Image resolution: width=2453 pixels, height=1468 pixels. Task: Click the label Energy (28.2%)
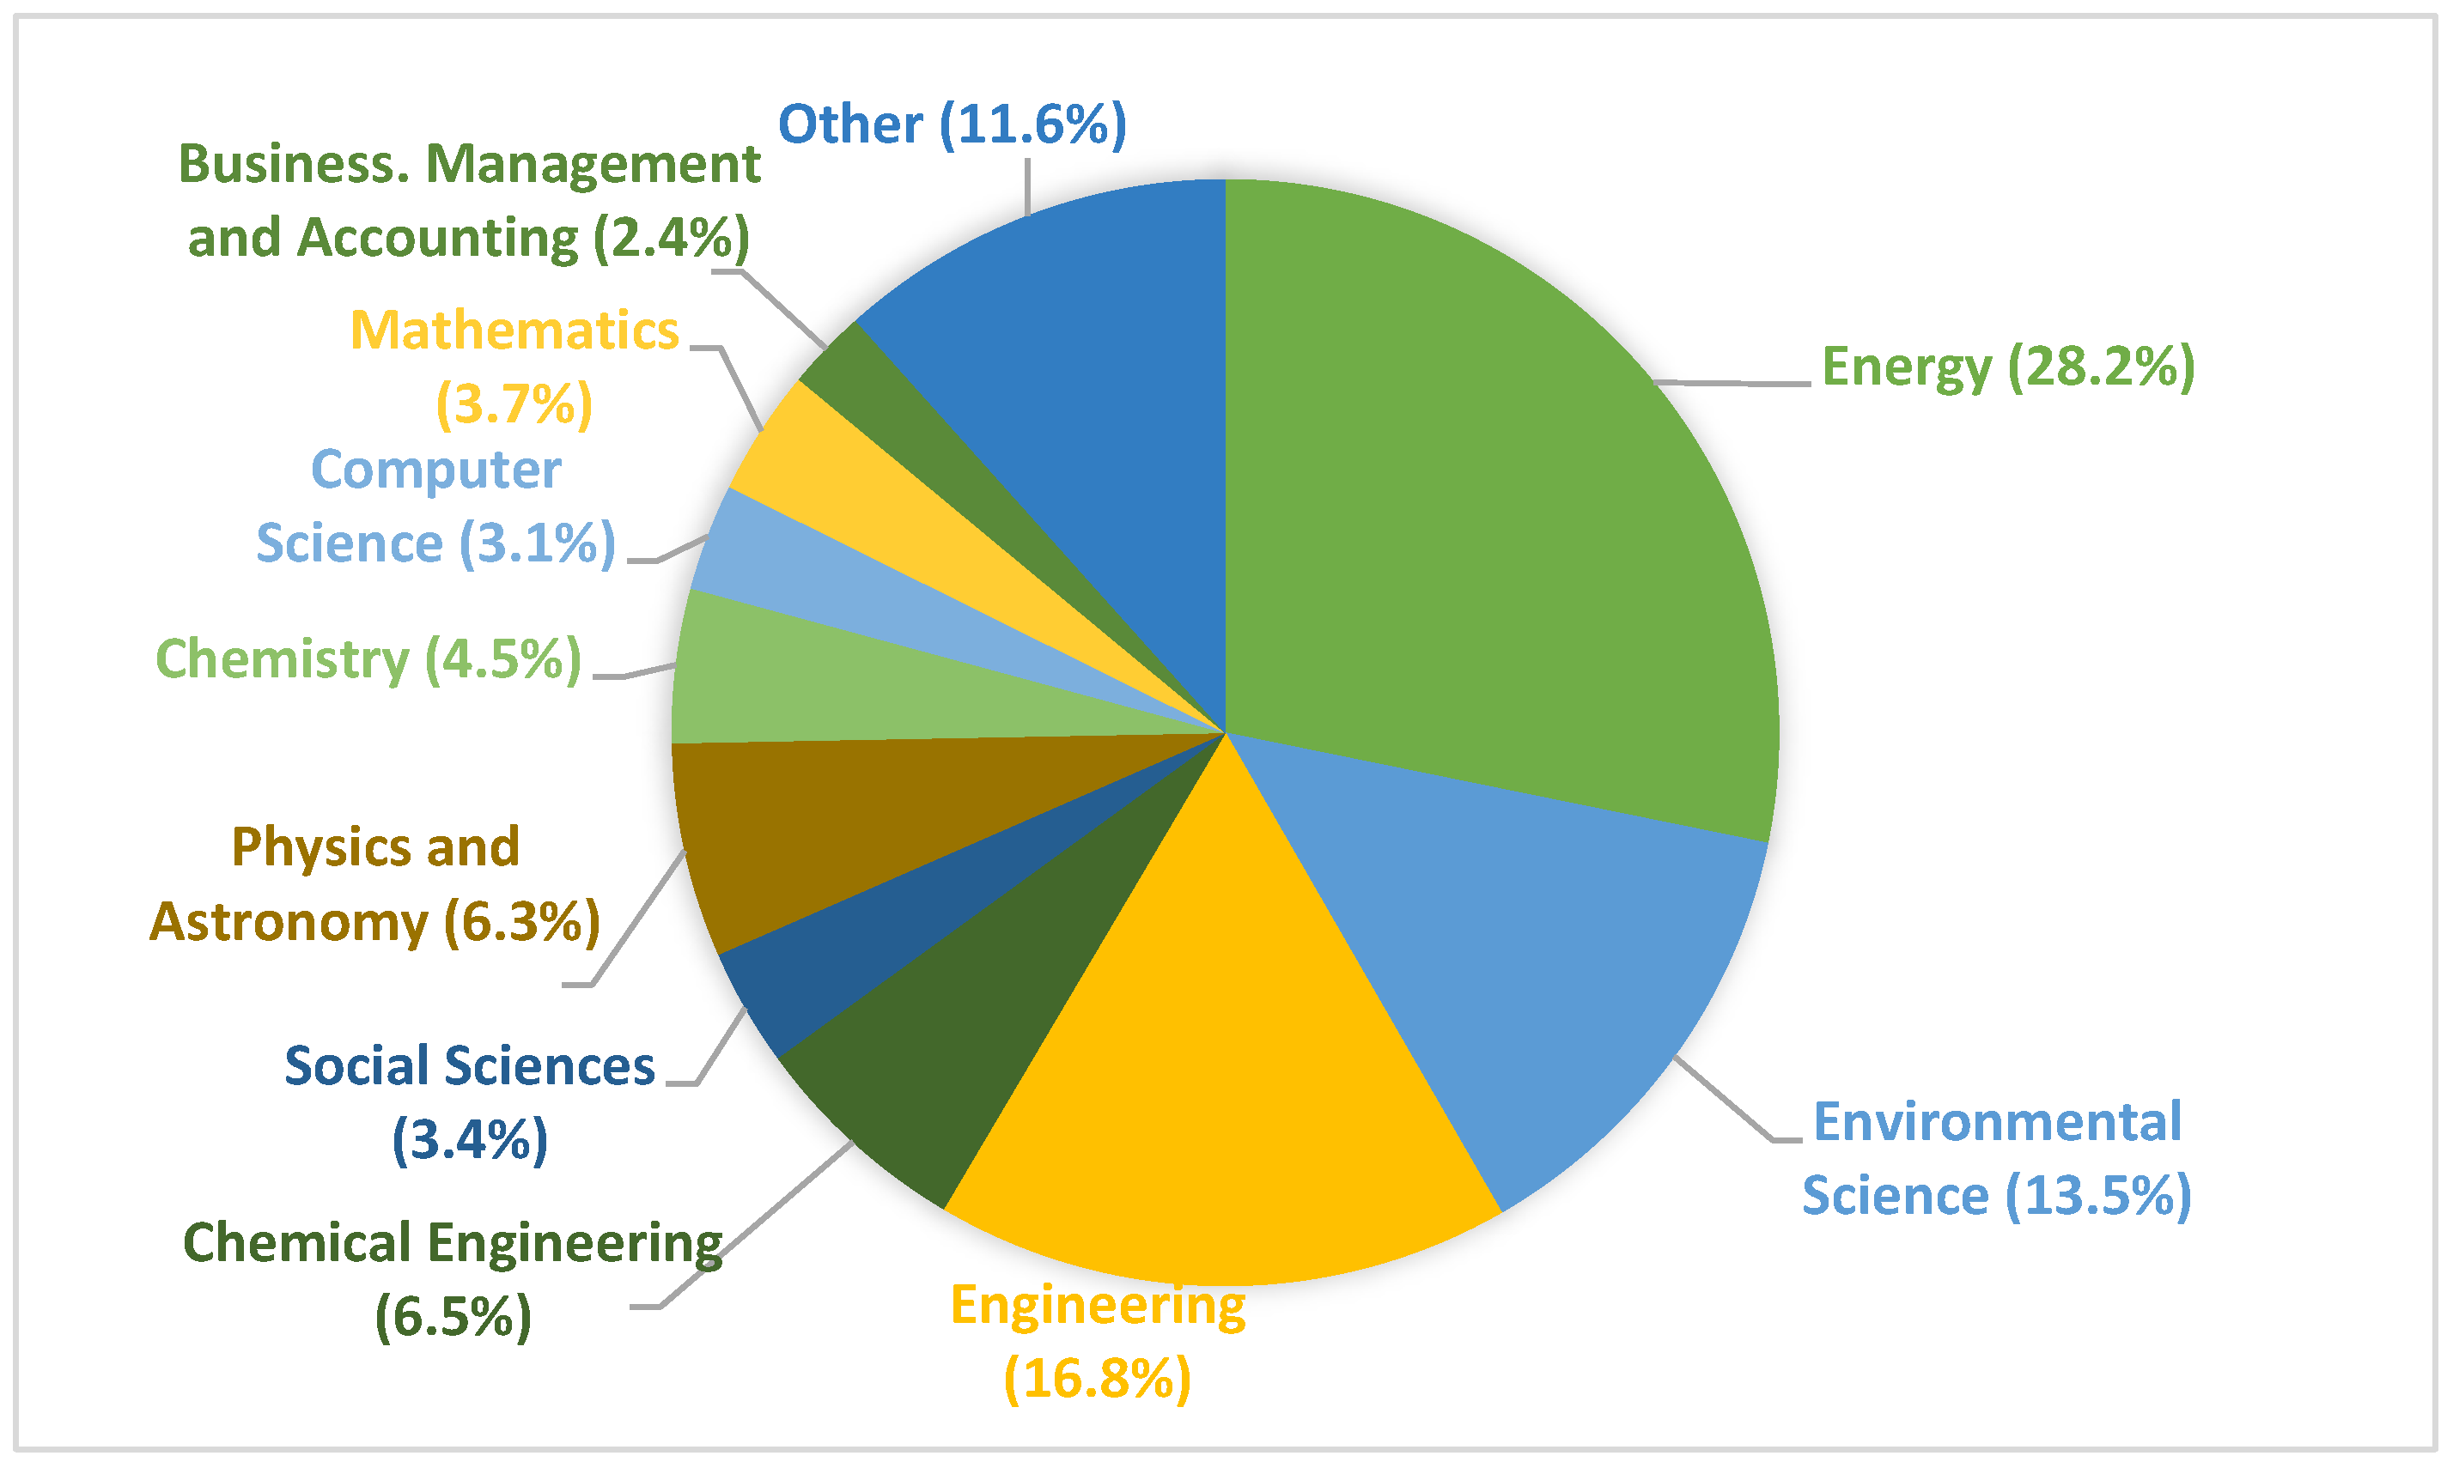click(x=2006, y=368)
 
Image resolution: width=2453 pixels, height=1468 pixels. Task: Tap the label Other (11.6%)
click(x=952, y=124)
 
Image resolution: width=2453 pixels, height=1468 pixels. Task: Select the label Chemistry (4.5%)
click(x=368, y=660)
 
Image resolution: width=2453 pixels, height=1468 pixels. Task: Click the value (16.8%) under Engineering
click(x=1098, y=1378)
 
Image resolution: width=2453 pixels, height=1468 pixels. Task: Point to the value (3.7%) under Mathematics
click(x=514, y=403)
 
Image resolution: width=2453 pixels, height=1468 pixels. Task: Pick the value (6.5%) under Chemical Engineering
click(x=453, y=1317)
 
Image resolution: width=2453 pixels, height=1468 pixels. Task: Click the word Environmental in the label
click(x=1996, y=1122)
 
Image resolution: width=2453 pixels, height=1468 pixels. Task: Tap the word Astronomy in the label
click(x=289, y=922)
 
